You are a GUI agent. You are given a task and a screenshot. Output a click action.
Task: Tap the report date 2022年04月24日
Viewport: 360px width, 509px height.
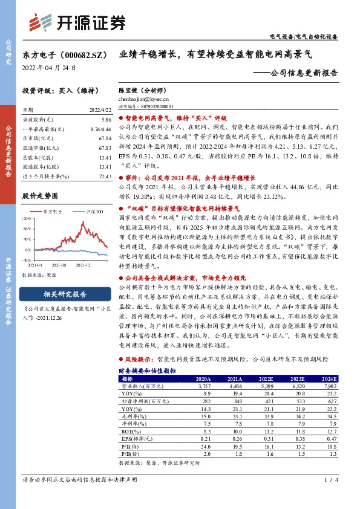click(44, 67)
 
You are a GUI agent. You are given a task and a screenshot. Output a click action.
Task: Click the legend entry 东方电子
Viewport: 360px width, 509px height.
click(52, 212)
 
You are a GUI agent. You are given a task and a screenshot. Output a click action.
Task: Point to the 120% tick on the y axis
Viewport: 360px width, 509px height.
click(26, 217)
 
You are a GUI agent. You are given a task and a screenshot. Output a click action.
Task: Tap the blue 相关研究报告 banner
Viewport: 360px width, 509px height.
click(65, 294)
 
